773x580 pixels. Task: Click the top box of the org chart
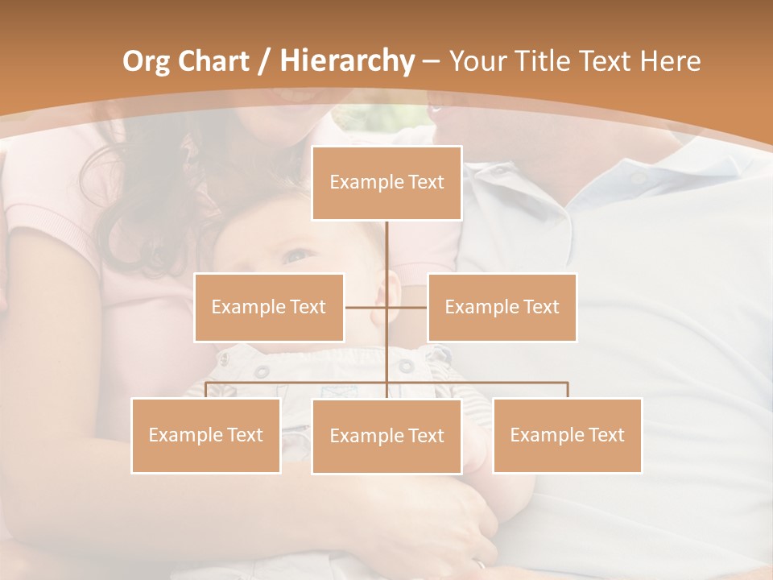[386, 183]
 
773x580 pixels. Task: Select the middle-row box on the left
[269, 307]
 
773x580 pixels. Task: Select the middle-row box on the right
[502, 307]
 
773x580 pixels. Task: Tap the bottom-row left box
[206, 435]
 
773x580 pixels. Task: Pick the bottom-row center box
[386, 436]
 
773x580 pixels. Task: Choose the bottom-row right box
[567, 435]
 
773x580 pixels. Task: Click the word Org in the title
[146, 61]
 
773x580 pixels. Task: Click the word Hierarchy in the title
[346, 61]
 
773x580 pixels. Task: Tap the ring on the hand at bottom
[481, 565]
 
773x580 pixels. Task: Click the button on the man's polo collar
[638, 178]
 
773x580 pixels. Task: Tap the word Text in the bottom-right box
[606, 435]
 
